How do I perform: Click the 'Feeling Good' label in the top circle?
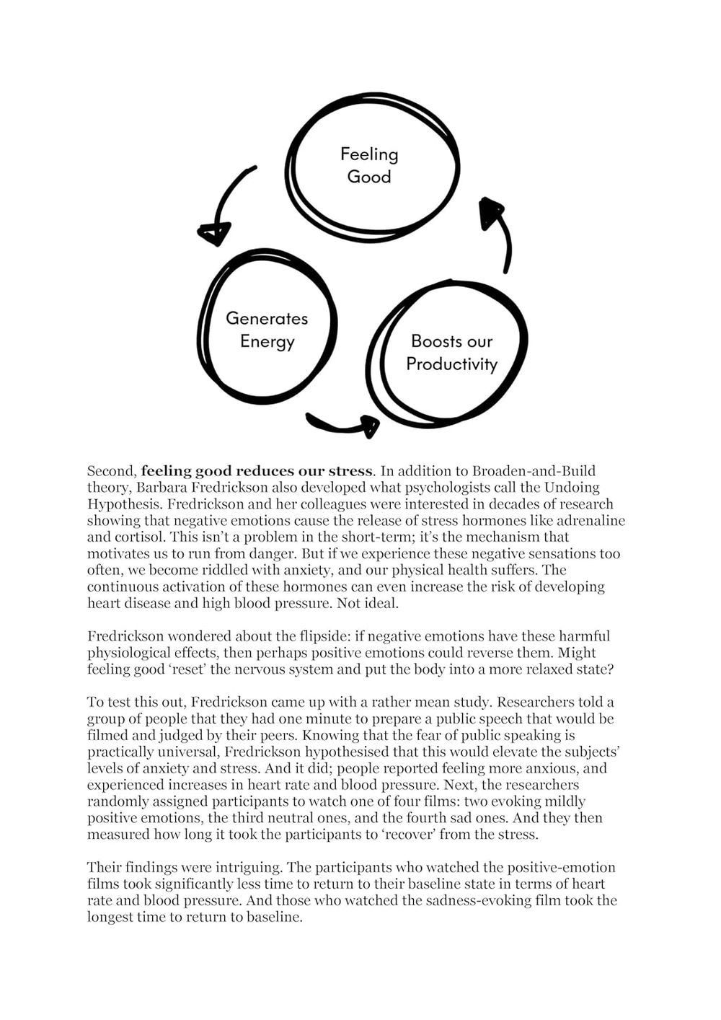tap(369, 165)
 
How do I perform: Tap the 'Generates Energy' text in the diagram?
tap(267, 330)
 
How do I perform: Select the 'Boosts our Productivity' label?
tap(452, 352)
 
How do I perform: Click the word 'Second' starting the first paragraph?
tap(110, 472)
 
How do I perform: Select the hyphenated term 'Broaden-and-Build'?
tap(535, 472)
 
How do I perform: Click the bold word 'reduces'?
tap(267, 472)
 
